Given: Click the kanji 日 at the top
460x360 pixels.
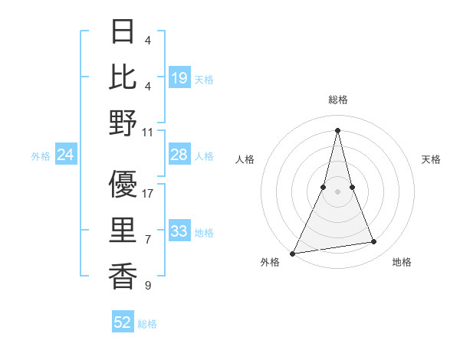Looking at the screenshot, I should [123, 31].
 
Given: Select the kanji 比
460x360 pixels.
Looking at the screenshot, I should [123, 77].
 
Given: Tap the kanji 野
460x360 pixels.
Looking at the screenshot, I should [123, 123].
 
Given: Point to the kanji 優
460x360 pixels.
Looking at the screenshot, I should [123, 185].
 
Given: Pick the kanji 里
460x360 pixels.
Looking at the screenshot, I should [123, 231].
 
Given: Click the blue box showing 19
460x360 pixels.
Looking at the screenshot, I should [179, 78].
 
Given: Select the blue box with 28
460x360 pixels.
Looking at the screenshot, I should [179, 155].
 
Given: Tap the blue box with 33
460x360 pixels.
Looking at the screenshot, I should [179, 231].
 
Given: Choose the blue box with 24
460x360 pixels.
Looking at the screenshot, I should [66, 155].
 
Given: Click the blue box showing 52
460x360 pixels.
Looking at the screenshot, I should [123, 323].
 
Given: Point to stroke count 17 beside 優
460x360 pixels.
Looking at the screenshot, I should [148, 194].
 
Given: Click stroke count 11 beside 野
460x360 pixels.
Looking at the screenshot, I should [148, 132].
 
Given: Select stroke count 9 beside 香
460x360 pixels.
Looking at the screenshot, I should [148, 286].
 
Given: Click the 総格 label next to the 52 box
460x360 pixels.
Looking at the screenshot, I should [147, 324].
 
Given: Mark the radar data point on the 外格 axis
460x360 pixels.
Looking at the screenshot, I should [293, 253].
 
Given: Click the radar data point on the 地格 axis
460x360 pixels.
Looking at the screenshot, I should [374, 242].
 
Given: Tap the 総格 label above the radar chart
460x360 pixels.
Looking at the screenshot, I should [337, 100].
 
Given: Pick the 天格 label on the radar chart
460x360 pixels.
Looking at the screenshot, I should [431, 159].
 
